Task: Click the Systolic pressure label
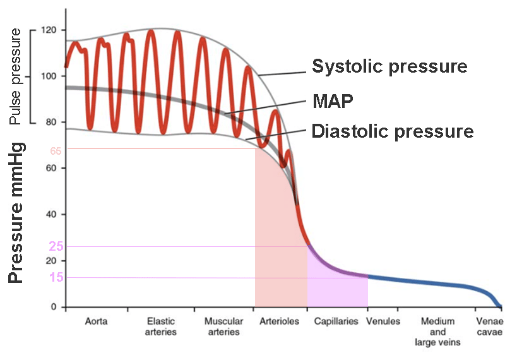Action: (x=389, y=66)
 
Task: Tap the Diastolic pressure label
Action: (x=391, y=131)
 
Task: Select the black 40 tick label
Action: (x=51, y=215)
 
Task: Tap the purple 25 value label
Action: (x=56, y=246)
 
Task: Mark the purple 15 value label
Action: (x=56, y=278)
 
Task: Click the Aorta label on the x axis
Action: (x=96, y=321)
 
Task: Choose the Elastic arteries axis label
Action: (x=160, y=327)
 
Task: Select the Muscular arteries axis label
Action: (x=223, y=327)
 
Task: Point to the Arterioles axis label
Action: (x=280, y=321)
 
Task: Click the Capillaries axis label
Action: (x=336, y=321)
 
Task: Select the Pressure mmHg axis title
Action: (x=16, y=212)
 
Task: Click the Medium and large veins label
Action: (x=438, y=332)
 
